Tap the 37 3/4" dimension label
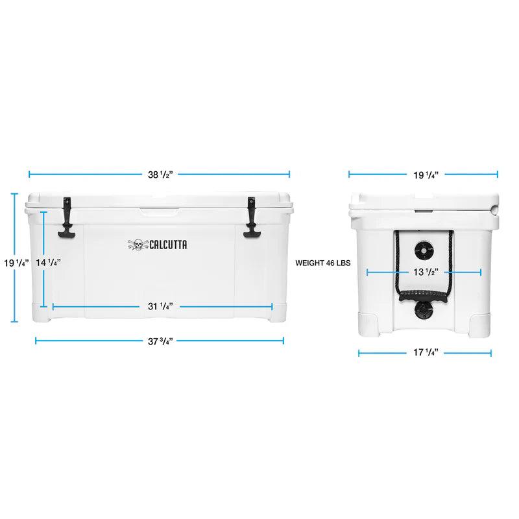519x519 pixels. tap(160, 340)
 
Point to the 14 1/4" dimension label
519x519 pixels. tap(49, 263)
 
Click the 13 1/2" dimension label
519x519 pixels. tap(424, 272)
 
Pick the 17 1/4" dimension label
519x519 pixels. tap(424, 353)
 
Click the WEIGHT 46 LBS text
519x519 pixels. tap(322, 264)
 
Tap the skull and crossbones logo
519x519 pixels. tap(136, 244)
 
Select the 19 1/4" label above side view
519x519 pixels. tap(424, 174)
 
